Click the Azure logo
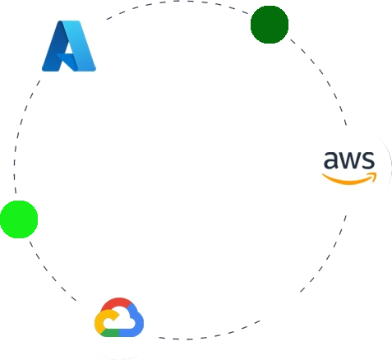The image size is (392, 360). pyautogui.click(x=69, y=46)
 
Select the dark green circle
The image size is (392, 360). pyautogui.click(x=270, y=25)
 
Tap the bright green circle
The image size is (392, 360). pyautogui.click(x=19, y=219)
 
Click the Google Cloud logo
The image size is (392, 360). pyautogui.click(x=119, y=317)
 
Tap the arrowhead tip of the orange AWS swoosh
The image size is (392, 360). pyautogui.click(x=376, y=173)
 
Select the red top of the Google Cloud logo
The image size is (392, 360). pyautogui.click(x=118, y=303)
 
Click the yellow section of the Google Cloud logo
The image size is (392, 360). pyautogui.click(x=101, y=321)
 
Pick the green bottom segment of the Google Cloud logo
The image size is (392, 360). pyautogui.click(x=110, y=333)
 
